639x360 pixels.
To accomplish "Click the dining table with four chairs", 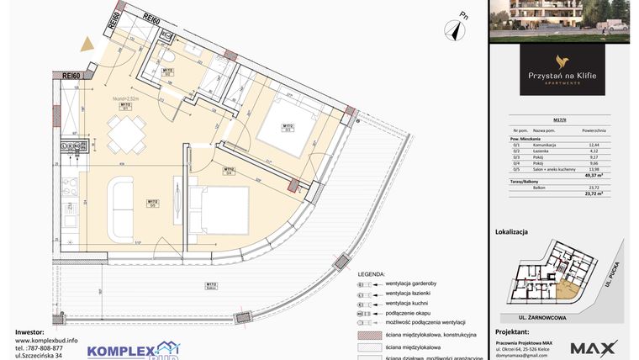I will click(x=126, y=132).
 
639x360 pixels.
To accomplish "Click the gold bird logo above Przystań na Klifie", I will click(x=562, y=61).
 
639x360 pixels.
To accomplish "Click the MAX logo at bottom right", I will click(x=594, y=347).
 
